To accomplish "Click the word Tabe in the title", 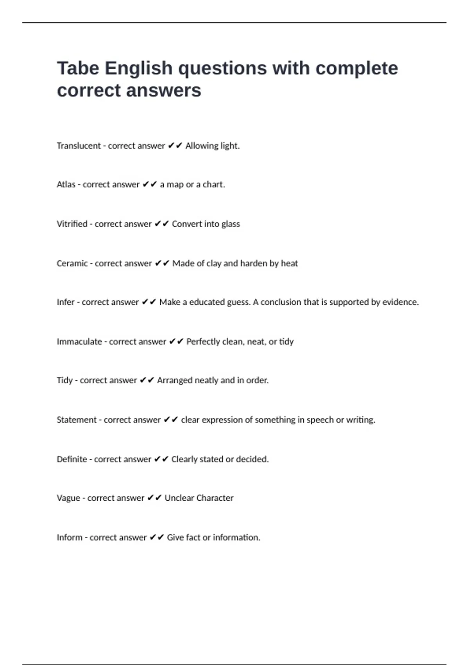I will pyautogui.click(x=78, y=68).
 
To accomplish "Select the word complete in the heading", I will pyautogui.click(x=356, y=68).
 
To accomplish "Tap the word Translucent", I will pyautogui.click(x=79, y=146).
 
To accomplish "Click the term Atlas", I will pyautogui.click(x=66, y=185).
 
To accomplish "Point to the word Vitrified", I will pyautogui.click(x=72, y=224).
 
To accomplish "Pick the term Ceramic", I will pyautogui.click(x=72, y=264).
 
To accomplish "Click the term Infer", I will pyautogui.click(x=65, y=302).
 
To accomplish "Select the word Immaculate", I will pyautogui.click(x=79, y=342).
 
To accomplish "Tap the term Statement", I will pyautogui.click(x=76, y=420).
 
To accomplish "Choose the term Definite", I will pyautogui.click(x=72, y=459).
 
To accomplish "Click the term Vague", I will pyautogui.click(x=68, y=498).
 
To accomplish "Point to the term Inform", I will pyautogui.click(x=69, y=537).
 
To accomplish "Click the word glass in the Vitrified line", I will pyautogui.click(x=231, y=224).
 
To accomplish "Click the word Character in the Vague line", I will pyautogui.click(x=215, y=498).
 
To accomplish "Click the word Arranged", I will pyautogui.click(x=174, y=381).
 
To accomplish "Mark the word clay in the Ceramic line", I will pyautogui.click(x=214, y=264).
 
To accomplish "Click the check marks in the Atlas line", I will pyautogui.click(x=150, y=184).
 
